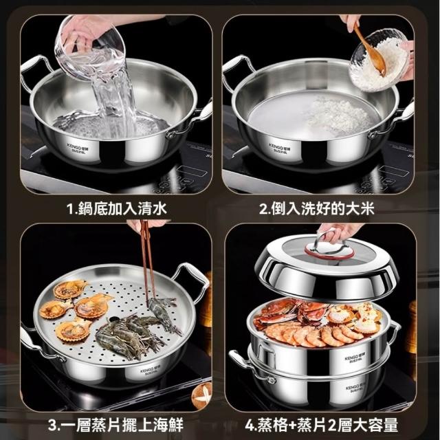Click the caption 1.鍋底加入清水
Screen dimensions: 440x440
point(117,209)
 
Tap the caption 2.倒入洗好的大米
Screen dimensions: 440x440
point(316,209)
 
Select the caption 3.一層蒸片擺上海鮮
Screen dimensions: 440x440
point(115,425)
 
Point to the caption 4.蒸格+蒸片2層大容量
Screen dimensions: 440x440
point(321,425)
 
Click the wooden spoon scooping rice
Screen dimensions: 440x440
point(369,50)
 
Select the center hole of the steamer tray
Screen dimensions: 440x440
point(115,319)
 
